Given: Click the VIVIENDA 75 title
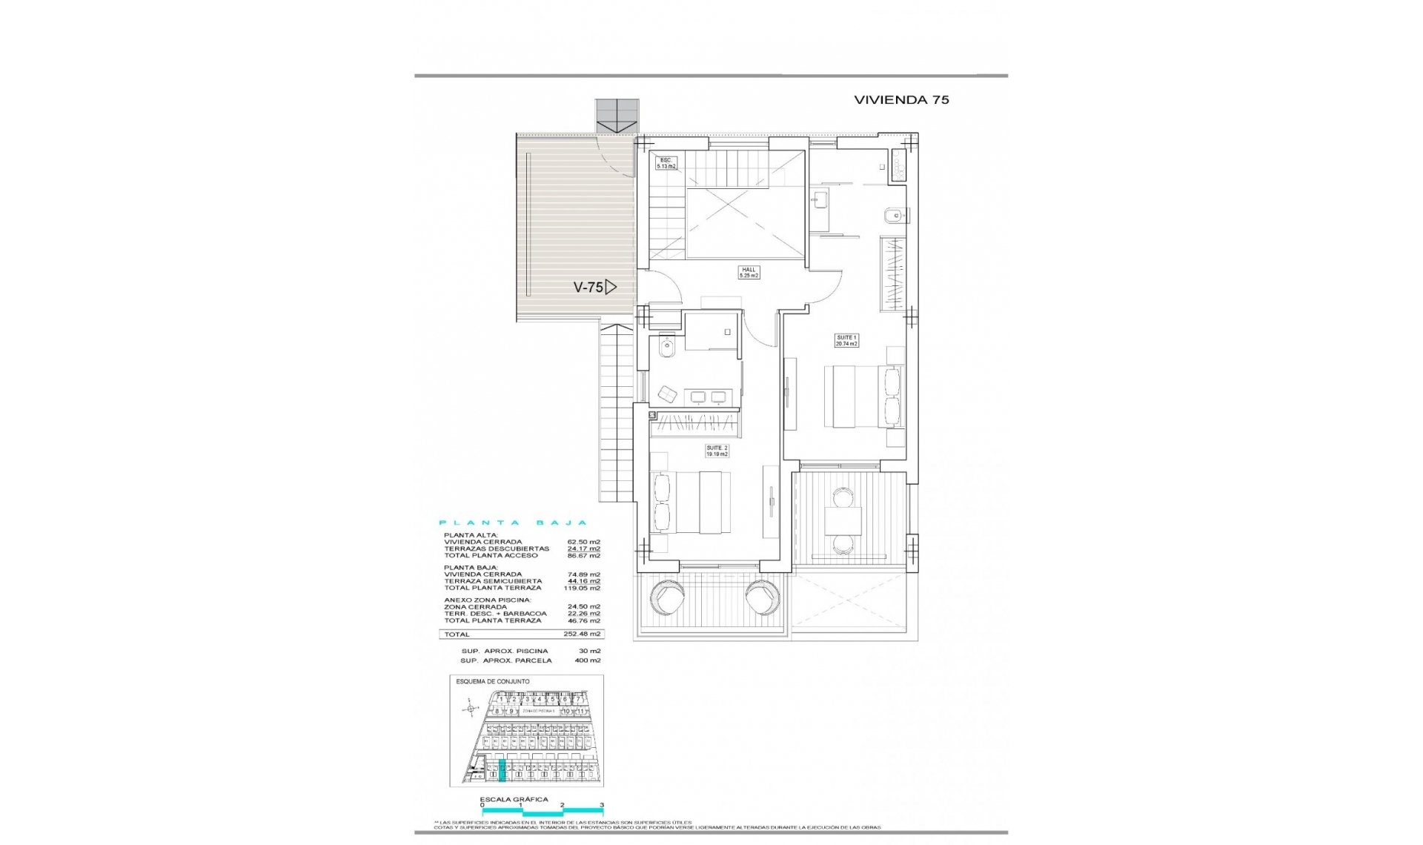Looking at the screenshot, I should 901,99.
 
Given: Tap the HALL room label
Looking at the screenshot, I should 749,273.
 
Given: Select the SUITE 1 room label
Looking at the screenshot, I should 846,340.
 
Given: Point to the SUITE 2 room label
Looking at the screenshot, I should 717,451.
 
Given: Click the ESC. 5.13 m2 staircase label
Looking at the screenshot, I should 666,163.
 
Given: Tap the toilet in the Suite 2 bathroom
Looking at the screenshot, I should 666,347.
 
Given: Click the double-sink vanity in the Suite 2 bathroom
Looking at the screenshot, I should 708,397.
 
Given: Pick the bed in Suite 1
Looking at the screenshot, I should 863,396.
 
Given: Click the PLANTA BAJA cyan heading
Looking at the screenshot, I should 513,523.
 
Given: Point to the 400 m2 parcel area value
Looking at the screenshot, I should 587,660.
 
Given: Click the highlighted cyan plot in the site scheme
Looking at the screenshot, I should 502,771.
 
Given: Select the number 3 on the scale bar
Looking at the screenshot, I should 602,805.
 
